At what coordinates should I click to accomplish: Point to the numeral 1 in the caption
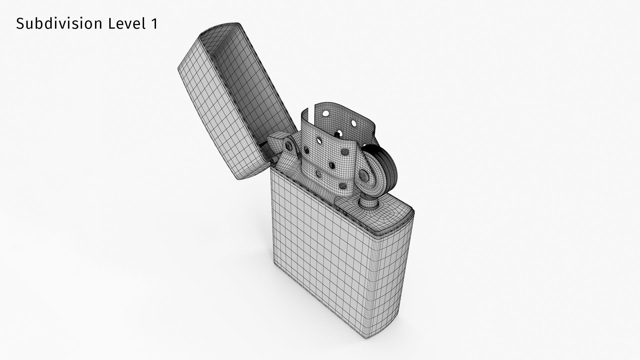[x=154, y=24]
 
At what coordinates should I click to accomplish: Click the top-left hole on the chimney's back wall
[x=326, y=114]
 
